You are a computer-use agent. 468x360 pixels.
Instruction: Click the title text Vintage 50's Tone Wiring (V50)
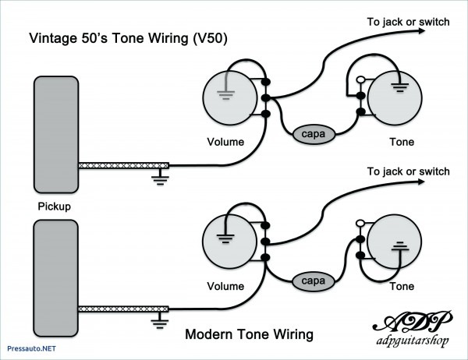click(129, 38)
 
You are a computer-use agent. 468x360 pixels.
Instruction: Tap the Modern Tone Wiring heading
click(249, 334)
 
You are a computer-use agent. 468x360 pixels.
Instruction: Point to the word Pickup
click(54, 207)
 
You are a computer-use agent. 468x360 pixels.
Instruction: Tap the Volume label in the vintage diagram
click(225, 142)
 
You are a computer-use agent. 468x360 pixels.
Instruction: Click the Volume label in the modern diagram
click(225, 287)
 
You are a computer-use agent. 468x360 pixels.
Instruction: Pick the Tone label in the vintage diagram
click(402, 142)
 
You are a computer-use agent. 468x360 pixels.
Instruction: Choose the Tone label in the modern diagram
click(402, 287)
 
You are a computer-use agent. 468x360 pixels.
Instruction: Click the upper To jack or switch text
click(408, 22)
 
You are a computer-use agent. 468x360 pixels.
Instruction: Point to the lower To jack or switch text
click(408, 171)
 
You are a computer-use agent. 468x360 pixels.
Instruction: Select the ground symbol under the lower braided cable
click(161, 321)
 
